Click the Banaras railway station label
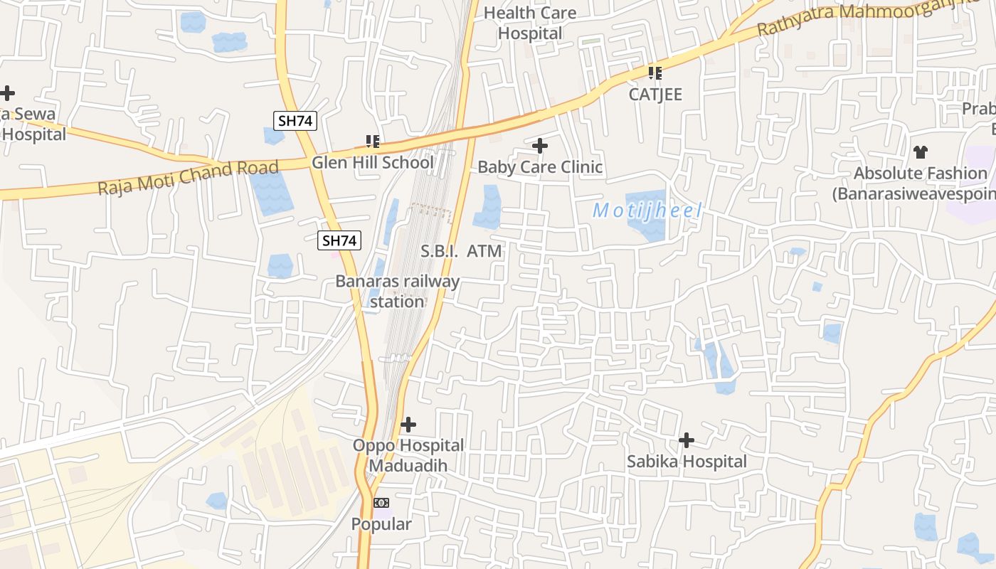tap(397, 291)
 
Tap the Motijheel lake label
tap(647, 211)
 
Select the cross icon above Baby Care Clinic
tap(540, 146)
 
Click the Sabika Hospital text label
tap(687, 462)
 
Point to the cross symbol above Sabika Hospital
tap(687, 440)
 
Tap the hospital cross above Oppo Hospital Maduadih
tap(408, 425)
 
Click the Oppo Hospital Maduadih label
tap(408, 455)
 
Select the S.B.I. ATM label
tap(461, 251)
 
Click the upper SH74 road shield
tap(295, 120)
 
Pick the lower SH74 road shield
tap(339, 240)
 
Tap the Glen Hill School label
tap(372, 162)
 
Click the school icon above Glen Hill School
tap(373, 142)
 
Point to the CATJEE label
tap(655, 95)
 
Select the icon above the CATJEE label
tap(655, 73)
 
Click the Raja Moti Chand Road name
tap(188, 178)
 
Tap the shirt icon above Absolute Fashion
tap(921, 151)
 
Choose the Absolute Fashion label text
tap(921, 183)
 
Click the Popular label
tap(381, 524)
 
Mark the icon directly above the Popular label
tap(382, 503)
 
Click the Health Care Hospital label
tap(530, 23)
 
